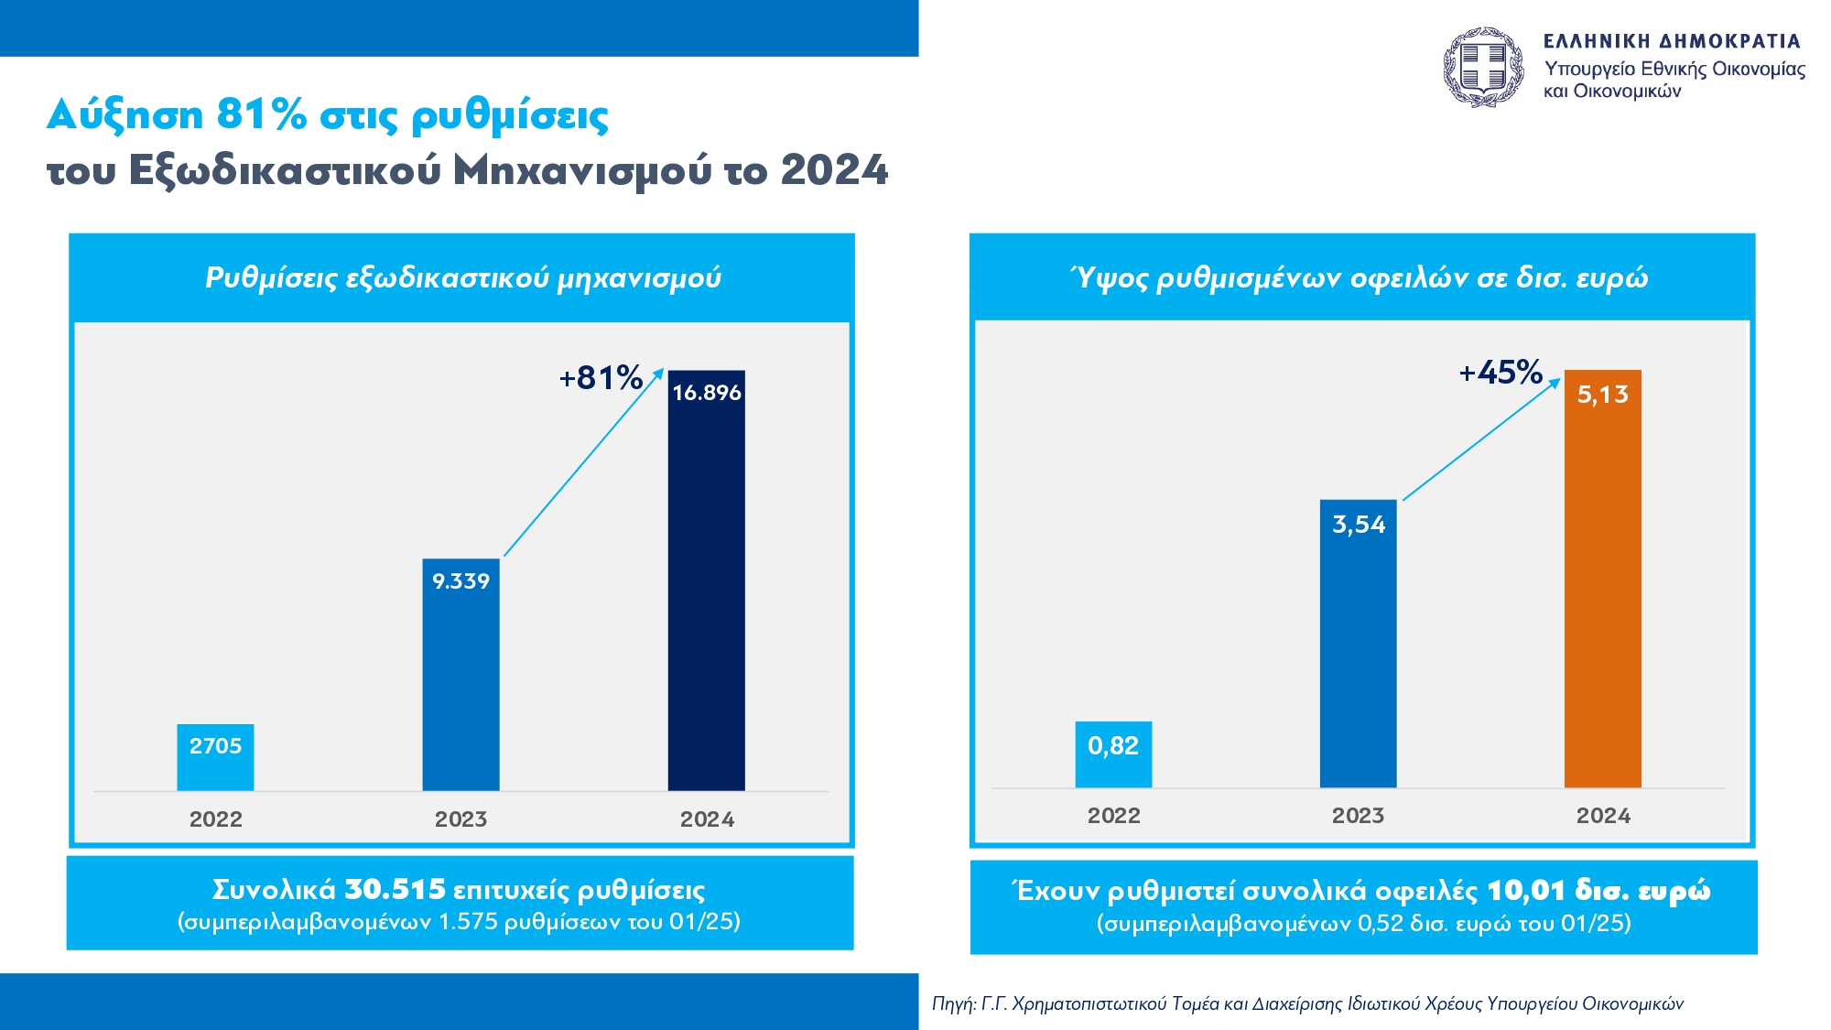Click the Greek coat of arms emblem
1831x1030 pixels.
point(1483,67)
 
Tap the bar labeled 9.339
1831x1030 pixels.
point(460,678)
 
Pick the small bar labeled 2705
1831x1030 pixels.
point(215,758)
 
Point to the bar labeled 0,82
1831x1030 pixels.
point(1113,754)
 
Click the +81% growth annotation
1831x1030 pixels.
point(601,377)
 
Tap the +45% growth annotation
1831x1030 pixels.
point(1501,373)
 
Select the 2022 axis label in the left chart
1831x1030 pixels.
point(216,819)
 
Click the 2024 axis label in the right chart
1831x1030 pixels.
point(1603,816)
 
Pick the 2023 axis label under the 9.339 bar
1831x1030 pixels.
point(460,819)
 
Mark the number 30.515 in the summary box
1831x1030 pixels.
point(395,889)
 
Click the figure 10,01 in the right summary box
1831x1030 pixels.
point(1525,890)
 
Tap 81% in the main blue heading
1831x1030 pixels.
point(261,115)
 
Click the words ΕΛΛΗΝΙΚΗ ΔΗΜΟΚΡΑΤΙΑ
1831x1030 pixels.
point(1672,41)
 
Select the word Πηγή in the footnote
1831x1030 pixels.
point(952,1003)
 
